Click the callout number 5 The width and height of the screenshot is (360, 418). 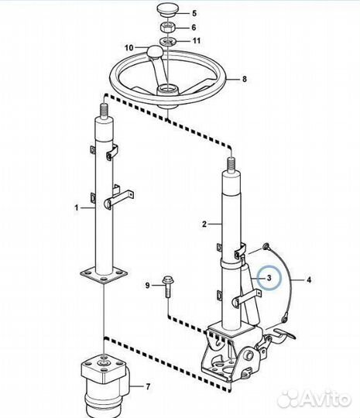[x=194, y=13]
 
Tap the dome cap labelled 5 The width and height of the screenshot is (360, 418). [x=166, y=10]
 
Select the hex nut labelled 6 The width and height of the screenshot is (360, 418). [x=166, y=27]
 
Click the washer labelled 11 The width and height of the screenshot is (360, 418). [x=167, y=41]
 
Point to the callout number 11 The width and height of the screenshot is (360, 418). [x=197, y=40]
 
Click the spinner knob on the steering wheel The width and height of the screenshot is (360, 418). [x=155, y=52]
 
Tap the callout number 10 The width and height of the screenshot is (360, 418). [x=129, y=48]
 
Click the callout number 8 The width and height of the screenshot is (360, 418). [x=245, y=79]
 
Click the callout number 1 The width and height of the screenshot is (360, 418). [x=77, y=207]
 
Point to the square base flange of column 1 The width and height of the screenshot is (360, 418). [x=104, y=275]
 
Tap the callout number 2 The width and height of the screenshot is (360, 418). [x=204, y=224]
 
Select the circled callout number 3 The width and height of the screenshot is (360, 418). [x=269, y=278]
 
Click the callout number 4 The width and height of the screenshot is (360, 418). [x=309, y=280]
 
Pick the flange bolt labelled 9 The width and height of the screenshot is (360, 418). [x=167, y=287]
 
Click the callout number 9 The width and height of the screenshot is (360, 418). [x=147, y=286]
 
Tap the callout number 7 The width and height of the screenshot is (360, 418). [x=148, y=386]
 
